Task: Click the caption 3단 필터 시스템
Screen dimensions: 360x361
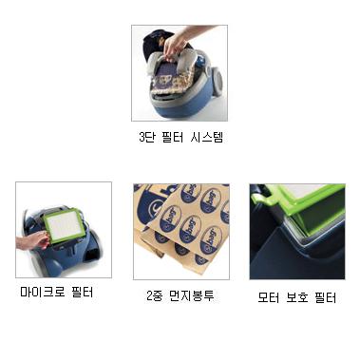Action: point(181,137)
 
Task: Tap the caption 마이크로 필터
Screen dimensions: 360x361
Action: point(57,292)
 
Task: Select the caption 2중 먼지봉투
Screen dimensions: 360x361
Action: point(180,295)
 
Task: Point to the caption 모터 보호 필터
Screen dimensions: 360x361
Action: point(297,297)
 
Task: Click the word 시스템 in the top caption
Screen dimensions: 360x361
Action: point(207,137)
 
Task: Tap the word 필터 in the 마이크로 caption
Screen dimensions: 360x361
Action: point(83,292)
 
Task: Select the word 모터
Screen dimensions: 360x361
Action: point(269,297)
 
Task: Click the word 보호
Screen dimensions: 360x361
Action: point(297,297)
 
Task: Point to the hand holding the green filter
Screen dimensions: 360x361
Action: point(32,240)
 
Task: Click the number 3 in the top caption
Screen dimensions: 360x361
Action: point(142,138)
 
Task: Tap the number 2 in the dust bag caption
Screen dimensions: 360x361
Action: point(150,295)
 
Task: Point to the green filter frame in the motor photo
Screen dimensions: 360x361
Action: point(297,202)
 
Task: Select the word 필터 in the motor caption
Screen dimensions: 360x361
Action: point(326,297)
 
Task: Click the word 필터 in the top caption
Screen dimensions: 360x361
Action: point(173,137)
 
